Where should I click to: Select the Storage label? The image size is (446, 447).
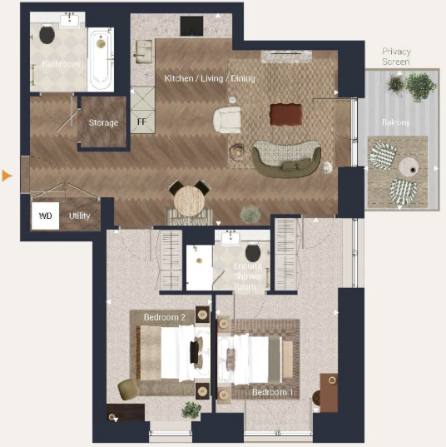tap(103, 123)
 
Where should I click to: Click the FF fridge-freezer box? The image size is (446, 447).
tap(141, 120)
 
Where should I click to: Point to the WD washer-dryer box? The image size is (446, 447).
tap(46, 216)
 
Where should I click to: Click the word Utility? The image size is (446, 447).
tap(80, 216)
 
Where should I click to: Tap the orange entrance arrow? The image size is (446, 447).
tap(7, 176)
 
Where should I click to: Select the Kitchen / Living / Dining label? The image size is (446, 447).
tap(209, 78)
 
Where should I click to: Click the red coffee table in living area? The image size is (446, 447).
tap(285, 114)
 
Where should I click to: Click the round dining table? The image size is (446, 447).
tap(188, 200)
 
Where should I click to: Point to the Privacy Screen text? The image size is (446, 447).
tap(396, 57)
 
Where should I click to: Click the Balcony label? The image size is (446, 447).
tap(395, 122)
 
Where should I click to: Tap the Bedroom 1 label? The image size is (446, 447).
tap(272, 392)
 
